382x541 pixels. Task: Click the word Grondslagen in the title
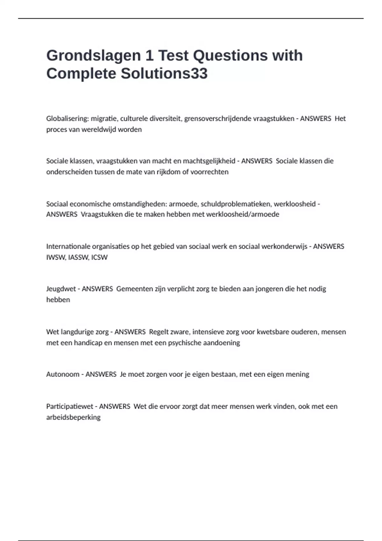point(93,56)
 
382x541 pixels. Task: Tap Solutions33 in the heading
point(164,74)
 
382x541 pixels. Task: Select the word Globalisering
point(67,119)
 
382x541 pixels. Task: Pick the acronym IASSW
point(78,257)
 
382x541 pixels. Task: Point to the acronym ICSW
point(99,257)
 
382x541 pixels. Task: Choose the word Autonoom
point(63,374)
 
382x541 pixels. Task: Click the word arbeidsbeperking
point(73,417)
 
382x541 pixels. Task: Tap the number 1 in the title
point(149,56)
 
